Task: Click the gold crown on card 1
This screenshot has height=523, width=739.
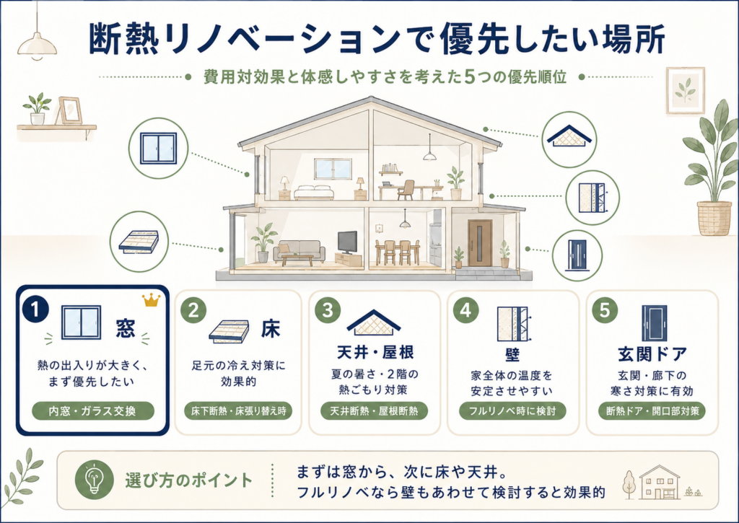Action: (x=152, y=299)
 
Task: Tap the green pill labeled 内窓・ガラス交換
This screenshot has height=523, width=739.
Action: (x=93, y=411)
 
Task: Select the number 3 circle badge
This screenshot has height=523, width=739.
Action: (x=328, y=310)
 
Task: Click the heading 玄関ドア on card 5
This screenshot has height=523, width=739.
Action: (x=652, y=354)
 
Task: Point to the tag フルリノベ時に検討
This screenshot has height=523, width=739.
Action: (x=512, y=411)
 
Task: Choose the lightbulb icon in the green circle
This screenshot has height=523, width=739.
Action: (x=95, y=480)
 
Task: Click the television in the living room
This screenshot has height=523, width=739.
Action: (x=347, y=242)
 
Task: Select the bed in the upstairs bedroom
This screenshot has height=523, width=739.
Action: (x=314, y=192)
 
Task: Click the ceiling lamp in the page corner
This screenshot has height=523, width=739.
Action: (x=37, y=44)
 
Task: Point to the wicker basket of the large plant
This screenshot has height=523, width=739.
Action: (x=714, y=218)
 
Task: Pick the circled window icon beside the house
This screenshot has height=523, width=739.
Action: (x=159, y=149)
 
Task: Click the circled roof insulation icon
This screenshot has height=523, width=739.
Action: (x=569, y=139)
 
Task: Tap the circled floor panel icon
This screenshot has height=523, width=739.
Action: (x=139, y=242)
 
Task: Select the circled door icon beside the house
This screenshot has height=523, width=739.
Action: (x=577, y=256)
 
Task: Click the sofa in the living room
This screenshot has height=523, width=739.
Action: (x=299, y=251)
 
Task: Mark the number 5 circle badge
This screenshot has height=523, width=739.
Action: (x=604, y=310)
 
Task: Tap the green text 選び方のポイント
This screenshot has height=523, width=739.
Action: (x=188, y=480)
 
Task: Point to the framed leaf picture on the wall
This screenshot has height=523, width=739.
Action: (x=686, y=90)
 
